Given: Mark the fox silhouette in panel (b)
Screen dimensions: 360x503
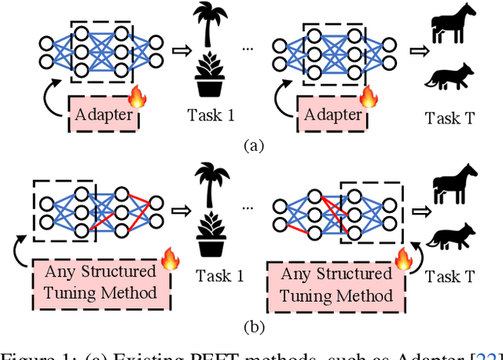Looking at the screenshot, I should [453, 237].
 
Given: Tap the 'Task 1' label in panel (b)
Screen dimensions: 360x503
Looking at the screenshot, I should [212, 275].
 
